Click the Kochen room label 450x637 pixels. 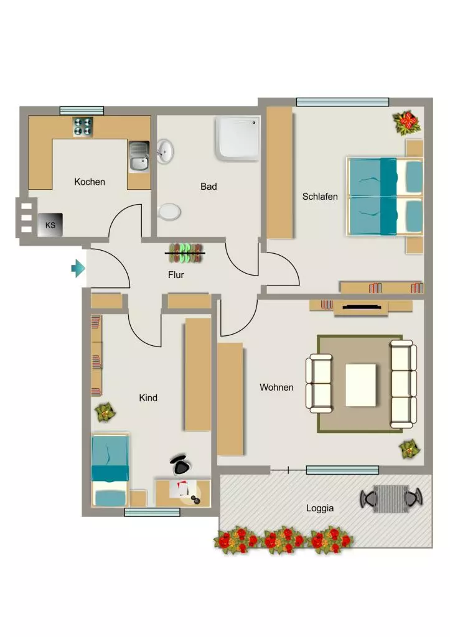click(90, 182)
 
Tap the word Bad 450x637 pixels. click(209, 187)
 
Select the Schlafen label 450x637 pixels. click(320, 197)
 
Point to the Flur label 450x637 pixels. click(176, 275)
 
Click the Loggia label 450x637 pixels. click(320, 508)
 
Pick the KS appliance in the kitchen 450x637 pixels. click(50, 225)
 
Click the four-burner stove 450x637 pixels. click(83, 127)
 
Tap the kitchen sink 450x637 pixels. click(139, 157)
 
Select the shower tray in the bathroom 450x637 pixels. click(238, 139)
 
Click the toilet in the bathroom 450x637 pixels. click(169, 212)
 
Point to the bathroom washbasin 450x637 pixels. click(165, 151)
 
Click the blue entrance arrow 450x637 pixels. click(78, 269)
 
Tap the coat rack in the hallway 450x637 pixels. click(185, 253)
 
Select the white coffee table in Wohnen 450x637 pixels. click(361, 385)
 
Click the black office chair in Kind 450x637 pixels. click(180, 465)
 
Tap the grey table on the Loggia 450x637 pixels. click(391, 499)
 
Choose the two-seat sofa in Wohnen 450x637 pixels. click(319, 384)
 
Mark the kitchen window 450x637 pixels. click(82, 111)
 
